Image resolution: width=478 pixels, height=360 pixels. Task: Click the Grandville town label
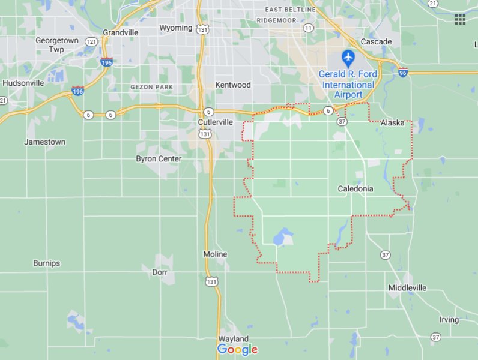tap(121, 32)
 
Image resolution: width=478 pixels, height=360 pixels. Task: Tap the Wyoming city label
tap(175, 28)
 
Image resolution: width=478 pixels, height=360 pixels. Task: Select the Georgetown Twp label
tap(57, 45)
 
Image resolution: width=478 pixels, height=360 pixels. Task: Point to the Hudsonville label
tap(23, 83)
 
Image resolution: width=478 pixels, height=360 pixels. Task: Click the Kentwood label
tap(233, 85)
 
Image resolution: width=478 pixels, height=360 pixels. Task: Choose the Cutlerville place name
tap(216, 122)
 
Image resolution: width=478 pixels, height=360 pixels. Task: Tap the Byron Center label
tap(159, 159)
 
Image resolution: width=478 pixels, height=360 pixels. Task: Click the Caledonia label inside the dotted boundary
tap(355, 188)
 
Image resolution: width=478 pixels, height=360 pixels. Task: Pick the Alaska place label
tap(392, 123)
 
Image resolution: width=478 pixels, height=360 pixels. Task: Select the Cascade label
tap(376, 42)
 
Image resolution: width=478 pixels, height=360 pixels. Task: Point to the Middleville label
tap(407, 288)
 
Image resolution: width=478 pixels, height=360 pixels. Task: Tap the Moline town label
tap(215, 254)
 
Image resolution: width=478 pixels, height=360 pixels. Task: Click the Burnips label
tap(46, 263)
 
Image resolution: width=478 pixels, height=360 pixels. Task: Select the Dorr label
tap(159, 272)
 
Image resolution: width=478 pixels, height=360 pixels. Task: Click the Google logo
tap(237, 349)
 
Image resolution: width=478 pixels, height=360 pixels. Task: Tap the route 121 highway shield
tap(91, 41)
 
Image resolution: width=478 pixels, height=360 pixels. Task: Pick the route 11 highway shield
tap(308, 28)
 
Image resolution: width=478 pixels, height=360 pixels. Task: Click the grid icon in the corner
tap(460, 19)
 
